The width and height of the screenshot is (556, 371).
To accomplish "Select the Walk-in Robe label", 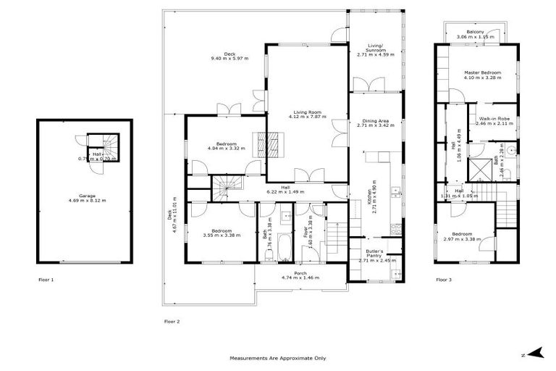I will click(x=494, y=120).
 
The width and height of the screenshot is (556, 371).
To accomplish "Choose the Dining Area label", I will click(x=374, y=120).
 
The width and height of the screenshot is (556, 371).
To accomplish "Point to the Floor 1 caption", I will click(x=47, y=278).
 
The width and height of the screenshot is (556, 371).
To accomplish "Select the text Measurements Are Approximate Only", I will click(x=278, y=358).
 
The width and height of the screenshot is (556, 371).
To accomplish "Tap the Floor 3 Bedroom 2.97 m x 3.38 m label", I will click(x=463, y=236).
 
